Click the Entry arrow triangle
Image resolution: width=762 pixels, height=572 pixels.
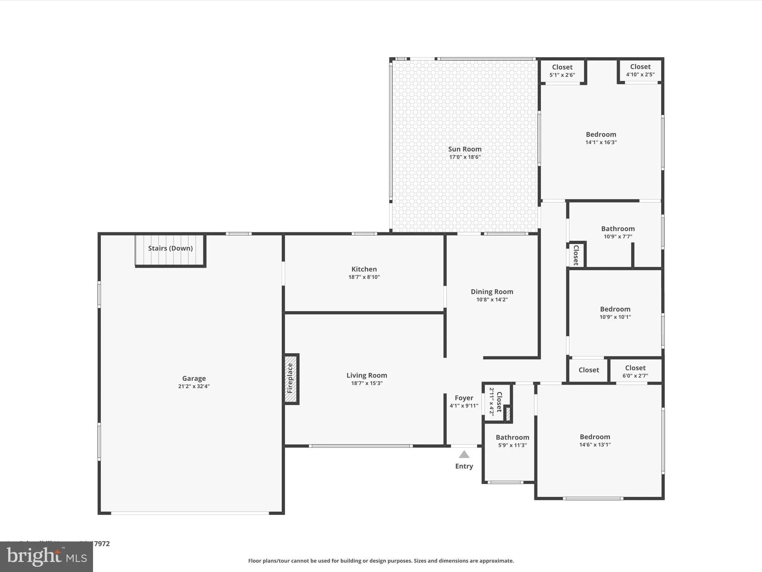(464, 454)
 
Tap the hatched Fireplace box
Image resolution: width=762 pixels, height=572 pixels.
(291, 379)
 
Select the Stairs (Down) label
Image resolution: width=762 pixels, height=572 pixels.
(170, 248)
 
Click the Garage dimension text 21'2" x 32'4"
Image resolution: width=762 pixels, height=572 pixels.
(194, 387)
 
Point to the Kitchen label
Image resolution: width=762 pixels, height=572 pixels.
(364, 269)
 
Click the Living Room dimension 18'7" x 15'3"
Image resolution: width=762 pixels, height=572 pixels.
(366, 383)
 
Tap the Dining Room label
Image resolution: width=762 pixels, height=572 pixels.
(492, 292)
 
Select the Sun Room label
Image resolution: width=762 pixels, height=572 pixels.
(465, 149)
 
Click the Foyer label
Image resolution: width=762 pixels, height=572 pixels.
(464, 398)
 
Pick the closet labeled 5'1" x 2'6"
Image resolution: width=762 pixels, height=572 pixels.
(562, 71)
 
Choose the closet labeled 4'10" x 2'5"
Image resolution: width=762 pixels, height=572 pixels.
(640, 70)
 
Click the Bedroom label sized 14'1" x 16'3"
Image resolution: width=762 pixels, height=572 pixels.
(601, 134)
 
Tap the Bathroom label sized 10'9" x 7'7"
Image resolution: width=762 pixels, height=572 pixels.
(618, 229)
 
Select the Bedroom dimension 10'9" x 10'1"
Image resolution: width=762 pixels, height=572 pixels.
(615, 317)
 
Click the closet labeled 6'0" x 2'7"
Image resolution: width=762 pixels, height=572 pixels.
(635, 371)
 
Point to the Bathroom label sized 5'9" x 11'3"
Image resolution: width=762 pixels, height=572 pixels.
(512, 438)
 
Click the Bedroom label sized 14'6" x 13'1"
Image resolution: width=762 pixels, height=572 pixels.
(595, 437)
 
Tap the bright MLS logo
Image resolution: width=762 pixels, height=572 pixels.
(47, 556)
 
